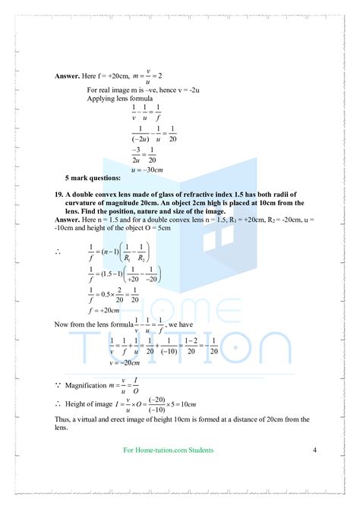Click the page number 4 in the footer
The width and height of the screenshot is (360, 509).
[x=314, y=451]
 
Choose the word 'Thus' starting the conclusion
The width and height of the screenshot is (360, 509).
[x=63, y=419]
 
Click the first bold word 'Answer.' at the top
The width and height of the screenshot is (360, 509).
[x=70, y=77]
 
